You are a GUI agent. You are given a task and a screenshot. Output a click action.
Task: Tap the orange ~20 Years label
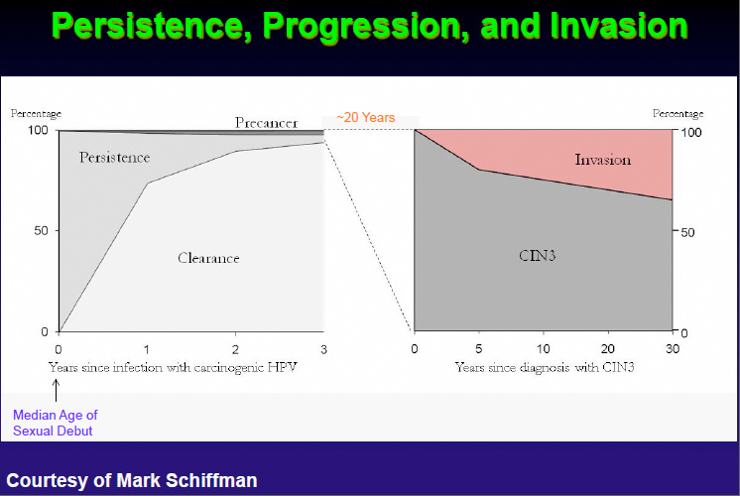coord(366,118)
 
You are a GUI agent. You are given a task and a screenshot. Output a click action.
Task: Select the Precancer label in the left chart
coord(266,122)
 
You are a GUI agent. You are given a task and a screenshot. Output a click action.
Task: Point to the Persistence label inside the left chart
coord(114,158)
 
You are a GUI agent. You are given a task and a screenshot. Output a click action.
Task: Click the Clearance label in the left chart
coord(208,258)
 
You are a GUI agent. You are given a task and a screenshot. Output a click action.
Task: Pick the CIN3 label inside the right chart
coord(536,256)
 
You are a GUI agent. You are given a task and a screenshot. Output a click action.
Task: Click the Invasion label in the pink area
coord(603,159)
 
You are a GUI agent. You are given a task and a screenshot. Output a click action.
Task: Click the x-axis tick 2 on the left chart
coord(235,349)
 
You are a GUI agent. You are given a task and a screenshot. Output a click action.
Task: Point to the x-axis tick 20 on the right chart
coord(607,349)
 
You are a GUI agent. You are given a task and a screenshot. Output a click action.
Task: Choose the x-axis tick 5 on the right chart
coord(479,349)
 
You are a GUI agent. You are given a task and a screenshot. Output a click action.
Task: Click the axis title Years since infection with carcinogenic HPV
coord(173,367)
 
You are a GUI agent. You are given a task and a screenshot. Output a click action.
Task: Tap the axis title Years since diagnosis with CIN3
coord(545,368)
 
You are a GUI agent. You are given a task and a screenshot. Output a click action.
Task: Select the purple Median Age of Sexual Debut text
coord(56,423)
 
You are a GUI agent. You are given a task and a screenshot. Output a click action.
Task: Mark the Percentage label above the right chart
coord(678,114)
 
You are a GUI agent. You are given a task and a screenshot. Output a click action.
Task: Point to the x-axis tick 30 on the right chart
coord(673,349)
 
